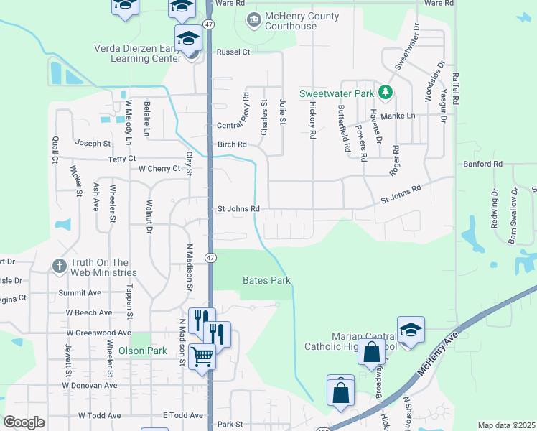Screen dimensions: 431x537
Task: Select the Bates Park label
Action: [x=266, y=279]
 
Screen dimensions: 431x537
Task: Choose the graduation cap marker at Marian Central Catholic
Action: [x=410, y=330]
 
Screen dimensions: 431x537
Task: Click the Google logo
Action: [x=24, y=422]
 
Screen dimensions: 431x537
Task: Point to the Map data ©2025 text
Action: [x=505, y=425]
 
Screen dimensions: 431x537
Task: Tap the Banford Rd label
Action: [x=483, y=164]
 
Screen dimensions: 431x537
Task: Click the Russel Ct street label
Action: [x=233, y=52]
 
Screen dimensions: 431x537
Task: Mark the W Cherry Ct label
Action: [x=159, y=169]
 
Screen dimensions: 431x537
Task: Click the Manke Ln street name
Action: [x=398, y=116]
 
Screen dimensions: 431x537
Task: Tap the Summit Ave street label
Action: [x=85, y=293]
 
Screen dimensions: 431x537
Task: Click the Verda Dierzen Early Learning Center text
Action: [x=137, y=54]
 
